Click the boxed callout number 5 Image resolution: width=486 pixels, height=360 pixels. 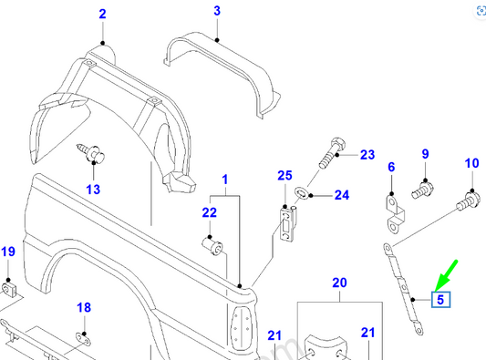click(440, 298)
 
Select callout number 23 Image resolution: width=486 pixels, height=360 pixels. click(367, 155)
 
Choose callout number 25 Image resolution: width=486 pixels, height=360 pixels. click(284, 175)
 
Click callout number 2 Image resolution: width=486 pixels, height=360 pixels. click(102, 15)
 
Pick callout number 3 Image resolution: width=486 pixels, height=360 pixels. click(217, 11)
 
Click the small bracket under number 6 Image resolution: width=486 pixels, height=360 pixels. click(394, 213)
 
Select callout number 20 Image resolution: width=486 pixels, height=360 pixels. click(339, 283)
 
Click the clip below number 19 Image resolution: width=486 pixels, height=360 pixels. click(8, 289)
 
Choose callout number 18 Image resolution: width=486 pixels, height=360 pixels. click(83, 308)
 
